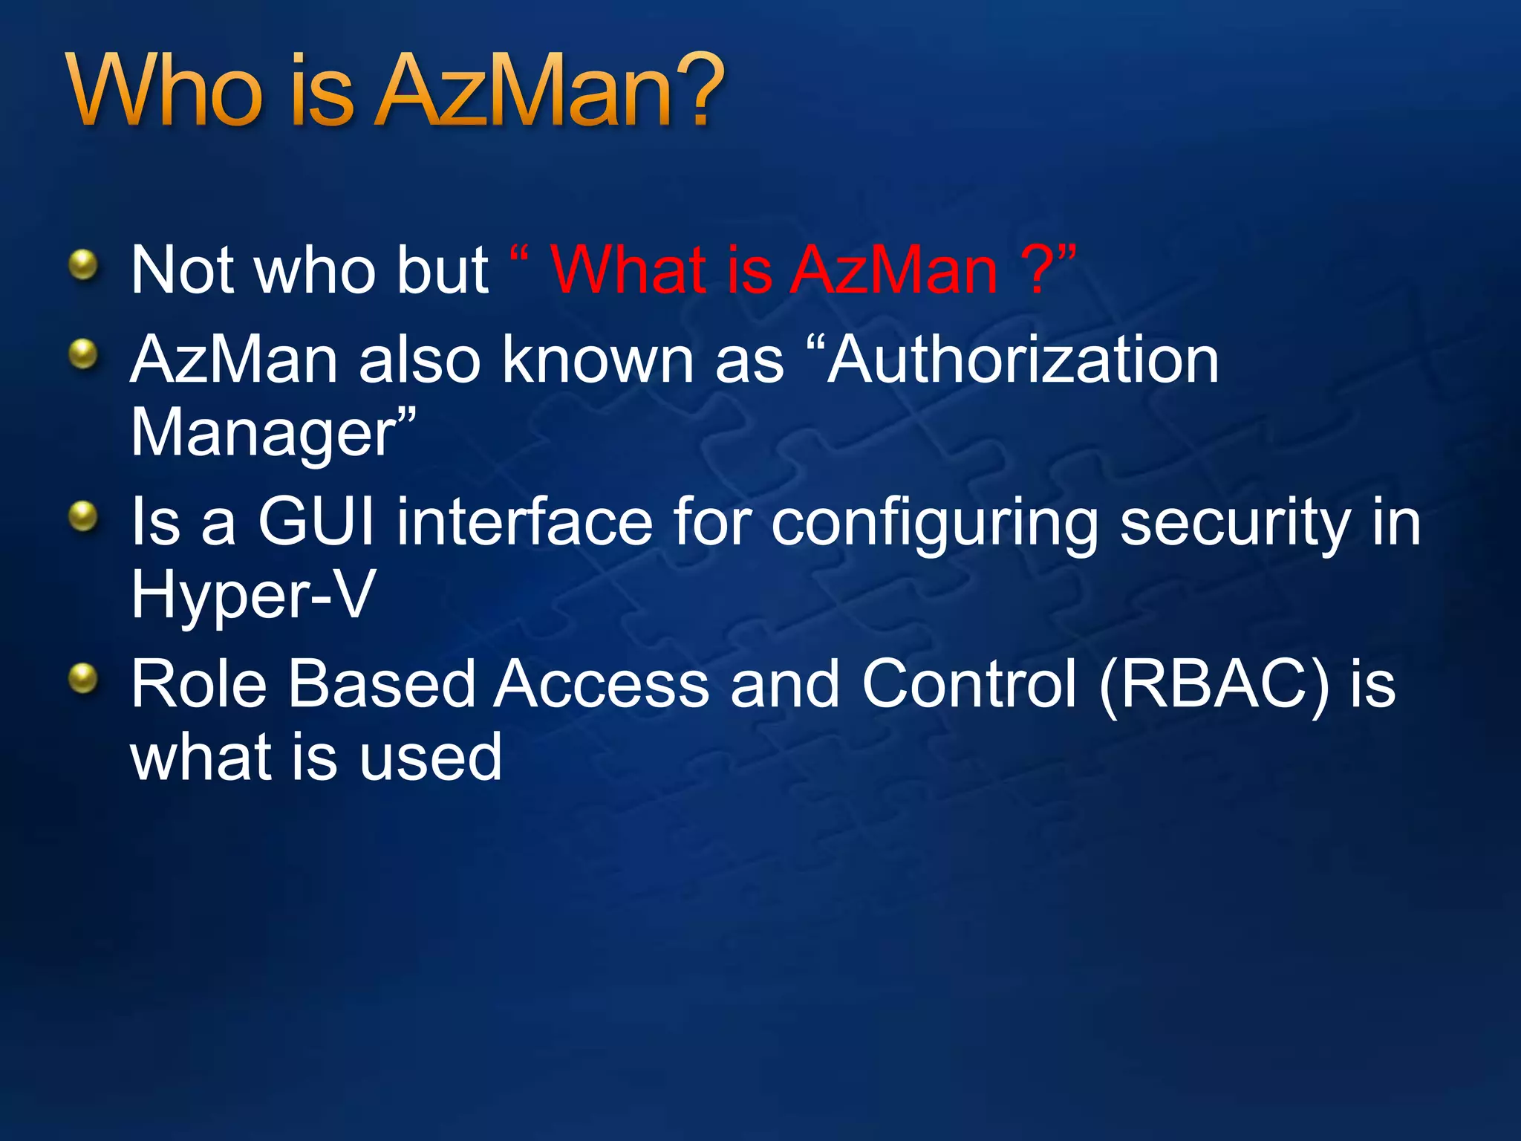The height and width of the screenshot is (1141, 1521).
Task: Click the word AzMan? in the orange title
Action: coord(550,91)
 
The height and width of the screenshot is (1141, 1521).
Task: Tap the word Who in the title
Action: coord(165,91)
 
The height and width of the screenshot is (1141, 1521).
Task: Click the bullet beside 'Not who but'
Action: coord(83,265)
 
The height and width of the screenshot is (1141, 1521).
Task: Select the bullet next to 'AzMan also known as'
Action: coord(83,354)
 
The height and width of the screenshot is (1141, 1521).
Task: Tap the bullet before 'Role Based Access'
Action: coord(83,678)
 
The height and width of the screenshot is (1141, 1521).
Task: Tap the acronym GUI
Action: coord(316,521)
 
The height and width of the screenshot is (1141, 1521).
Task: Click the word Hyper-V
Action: coord(253,596)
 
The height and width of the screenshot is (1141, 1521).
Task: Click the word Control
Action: coord(968,683)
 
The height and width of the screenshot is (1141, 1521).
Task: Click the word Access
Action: coord(602,683)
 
